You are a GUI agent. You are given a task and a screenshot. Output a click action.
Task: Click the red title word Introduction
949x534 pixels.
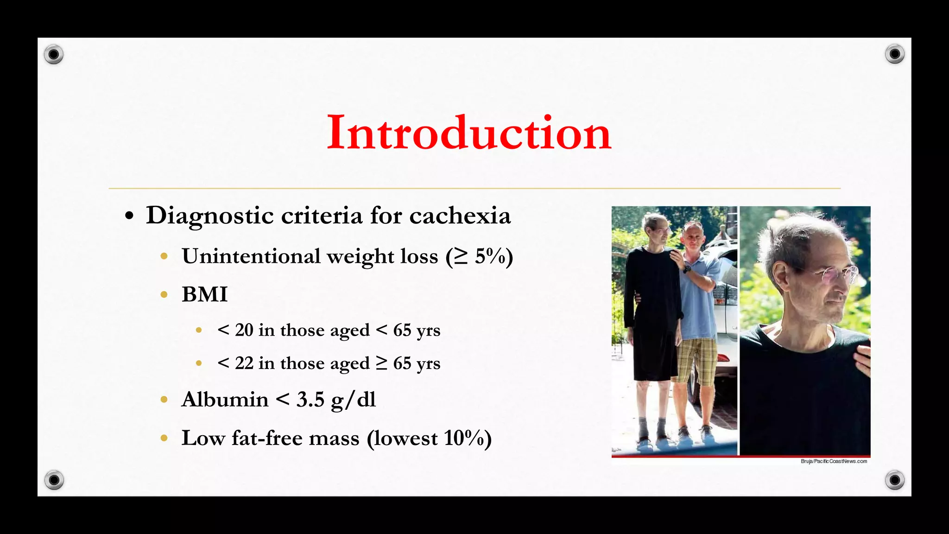coord(469,133)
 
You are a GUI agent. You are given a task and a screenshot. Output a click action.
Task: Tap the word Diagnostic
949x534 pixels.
coord(209,216)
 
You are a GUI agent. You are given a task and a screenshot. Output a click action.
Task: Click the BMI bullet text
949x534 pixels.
coord(204,295)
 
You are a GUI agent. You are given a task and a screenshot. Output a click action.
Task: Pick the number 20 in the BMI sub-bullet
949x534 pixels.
coord(244,331)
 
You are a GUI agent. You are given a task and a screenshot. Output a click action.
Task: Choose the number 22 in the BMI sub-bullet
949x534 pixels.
coord(244,363)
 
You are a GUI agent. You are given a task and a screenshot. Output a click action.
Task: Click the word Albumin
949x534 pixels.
coord(225,400)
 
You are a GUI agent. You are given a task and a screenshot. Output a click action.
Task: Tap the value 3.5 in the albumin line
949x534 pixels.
coord(310,400)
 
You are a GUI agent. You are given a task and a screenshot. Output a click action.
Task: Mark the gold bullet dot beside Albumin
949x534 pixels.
coord(164,400)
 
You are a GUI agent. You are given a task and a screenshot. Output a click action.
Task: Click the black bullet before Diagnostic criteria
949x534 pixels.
coord(129,216)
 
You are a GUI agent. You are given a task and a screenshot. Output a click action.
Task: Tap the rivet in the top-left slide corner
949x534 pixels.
coord(54,55)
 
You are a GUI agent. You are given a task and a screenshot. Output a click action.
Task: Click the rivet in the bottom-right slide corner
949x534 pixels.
coord(895,480)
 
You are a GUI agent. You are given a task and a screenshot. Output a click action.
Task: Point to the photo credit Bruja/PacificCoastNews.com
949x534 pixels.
coord(834,461)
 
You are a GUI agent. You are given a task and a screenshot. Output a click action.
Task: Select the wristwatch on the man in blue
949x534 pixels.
coord(687,269)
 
